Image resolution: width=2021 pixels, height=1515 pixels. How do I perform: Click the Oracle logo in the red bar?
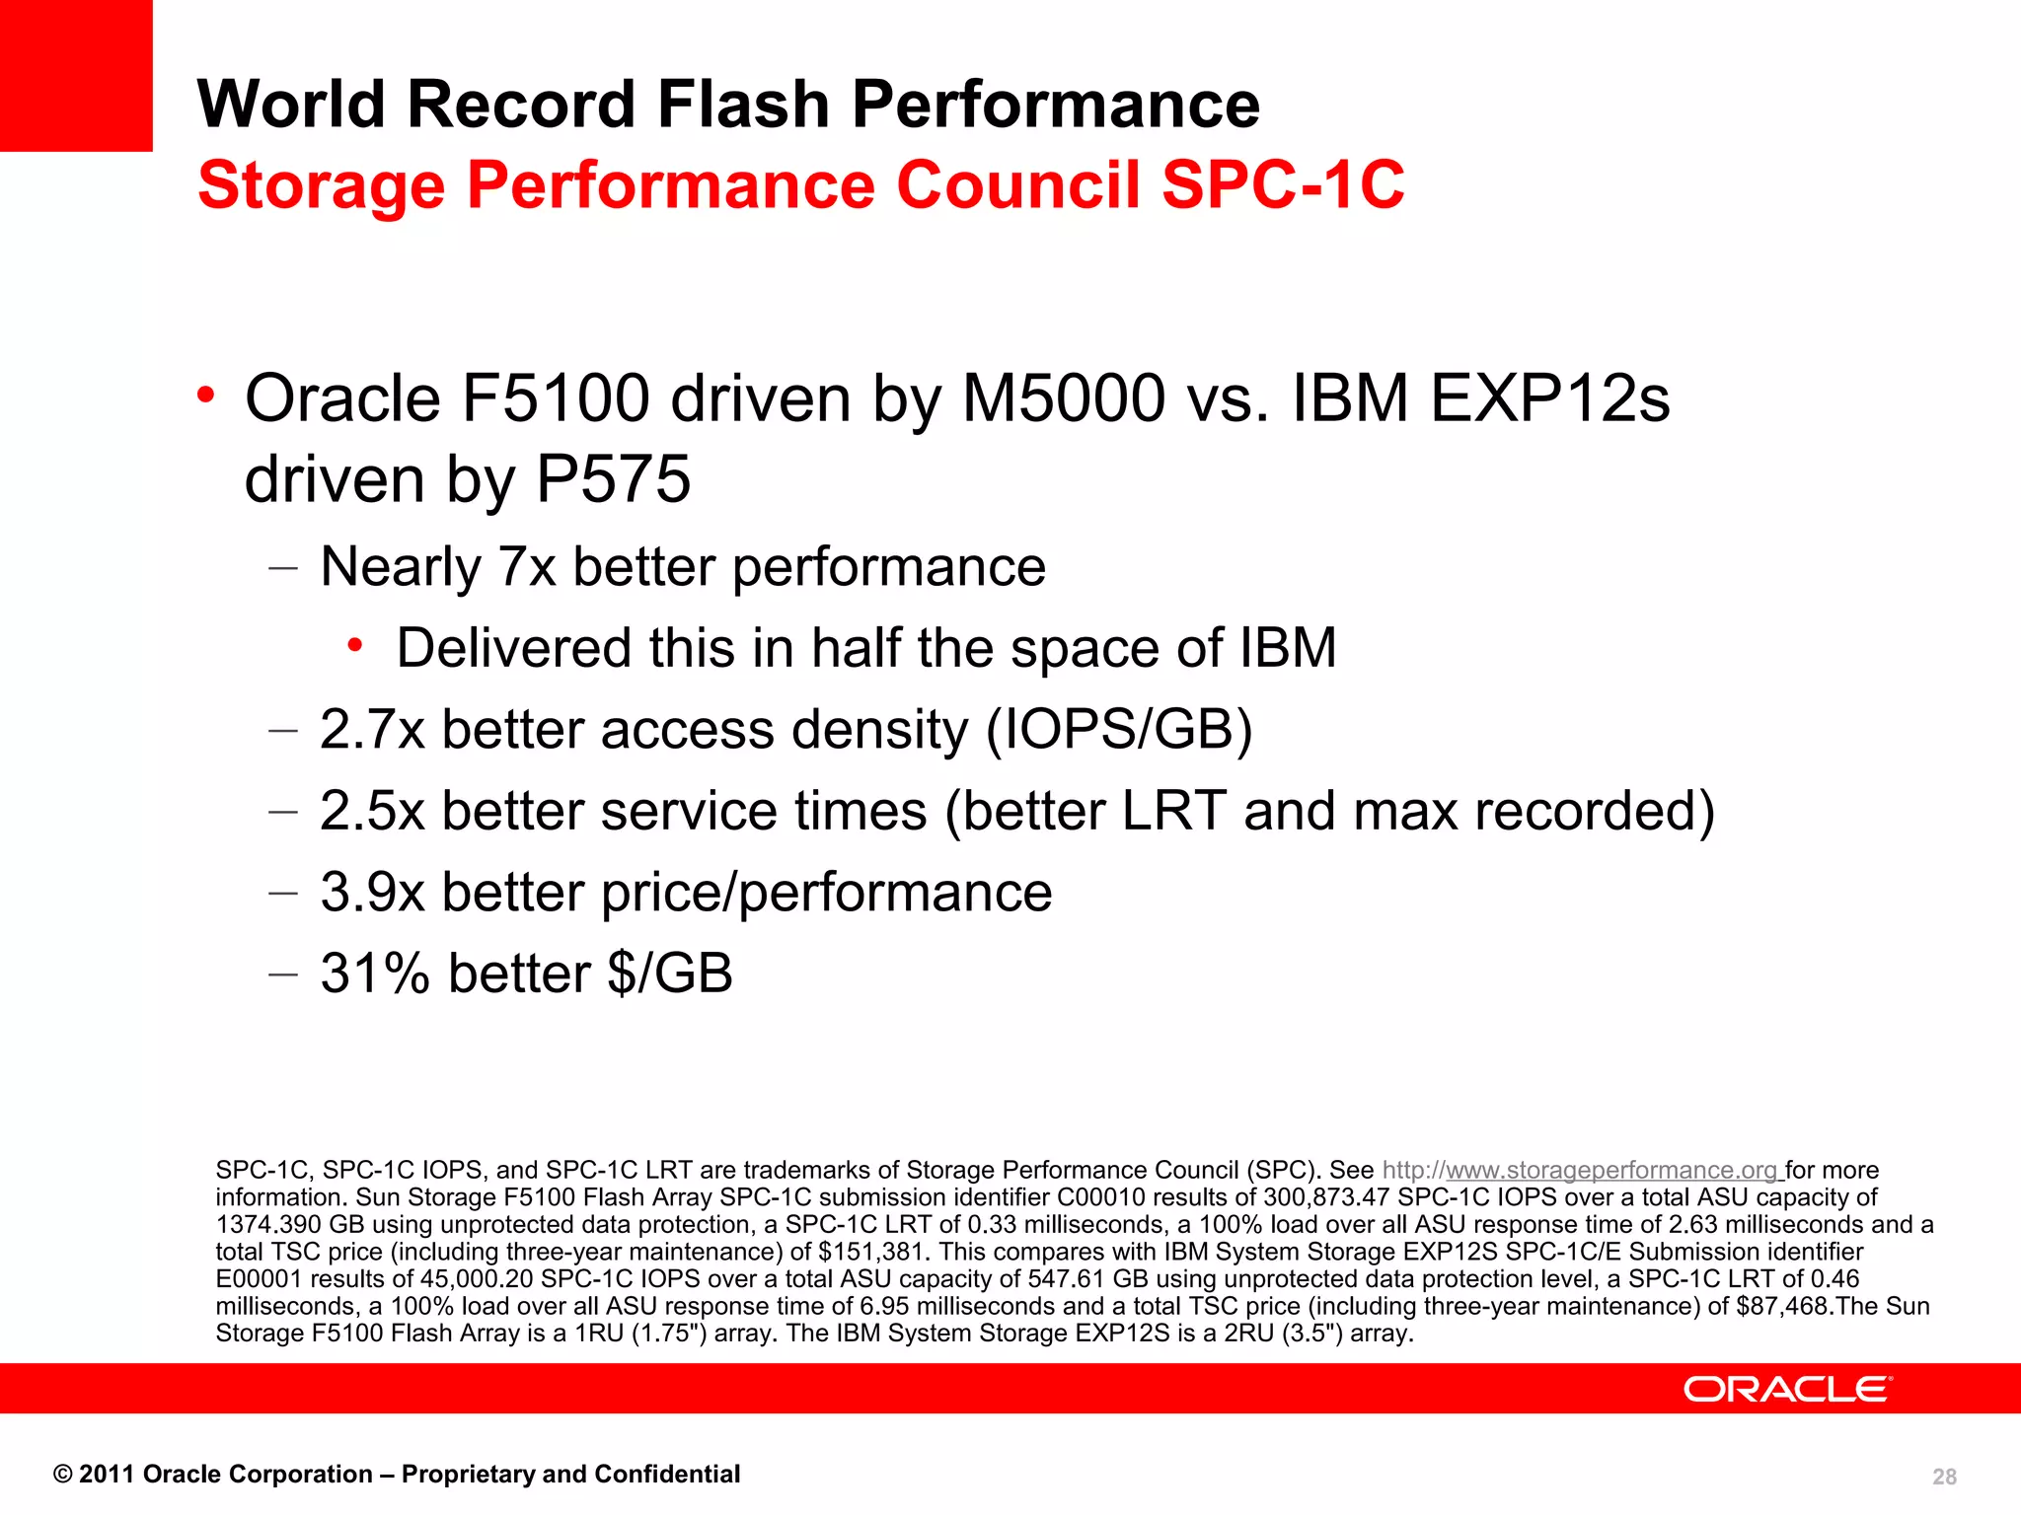tap(1787, 1389)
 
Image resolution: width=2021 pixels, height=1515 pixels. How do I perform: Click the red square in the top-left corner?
tap(76, 75)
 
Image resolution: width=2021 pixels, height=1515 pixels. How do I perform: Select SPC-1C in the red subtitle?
tap(1283, 185)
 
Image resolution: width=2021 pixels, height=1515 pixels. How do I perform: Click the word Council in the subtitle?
tap(1017, 185)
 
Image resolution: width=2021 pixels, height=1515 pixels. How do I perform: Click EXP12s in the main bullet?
tap(1549, 399)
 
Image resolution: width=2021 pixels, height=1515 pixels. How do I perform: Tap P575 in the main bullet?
tap(613, 480)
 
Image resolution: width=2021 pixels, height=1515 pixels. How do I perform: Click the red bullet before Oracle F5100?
tap(205, 397)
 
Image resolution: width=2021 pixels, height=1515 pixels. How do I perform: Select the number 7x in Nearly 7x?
tap(527, 568)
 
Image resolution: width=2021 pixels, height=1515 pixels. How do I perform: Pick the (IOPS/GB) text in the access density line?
tap(1119, 731)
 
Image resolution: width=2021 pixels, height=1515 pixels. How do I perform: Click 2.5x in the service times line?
tap(372, 812)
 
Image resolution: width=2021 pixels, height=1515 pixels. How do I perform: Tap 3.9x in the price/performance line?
tap(372, 893)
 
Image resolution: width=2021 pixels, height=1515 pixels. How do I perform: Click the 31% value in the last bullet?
tap(375, 974)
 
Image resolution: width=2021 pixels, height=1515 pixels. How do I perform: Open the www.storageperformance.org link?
tap(1610, 1171)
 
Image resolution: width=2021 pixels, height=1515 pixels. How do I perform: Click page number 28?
tap(1944, 1477)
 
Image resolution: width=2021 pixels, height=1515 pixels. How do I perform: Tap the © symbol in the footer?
tap(62, 1475)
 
